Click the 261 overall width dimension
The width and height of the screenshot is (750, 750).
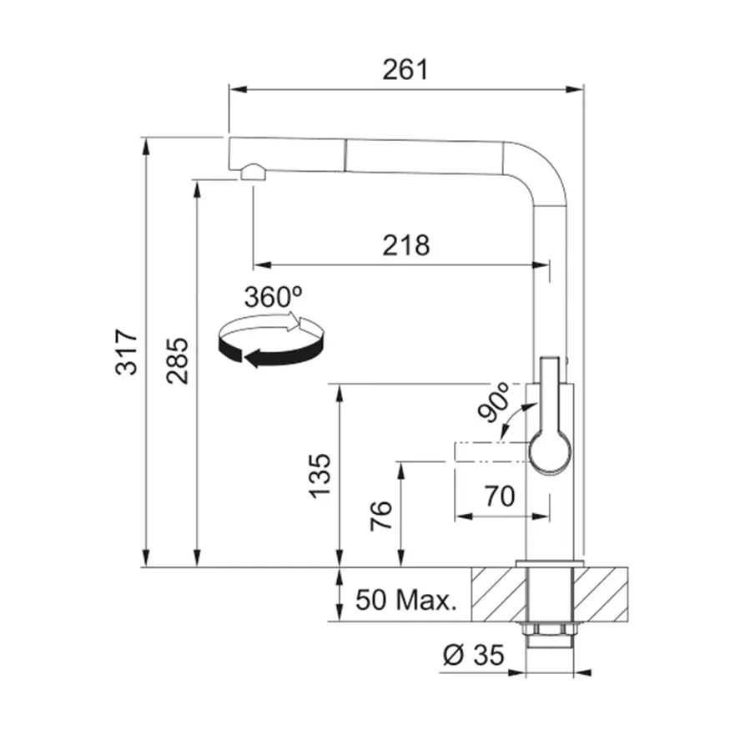pos(405,70)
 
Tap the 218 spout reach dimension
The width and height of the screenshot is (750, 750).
pos(406,245)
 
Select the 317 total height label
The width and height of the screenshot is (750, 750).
pos(128,351)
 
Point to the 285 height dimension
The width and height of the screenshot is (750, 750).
pos(178,361)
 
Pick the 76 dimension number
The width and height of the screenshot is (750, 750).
pos(381,516)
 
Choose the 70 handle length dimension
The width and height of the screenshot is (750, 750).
pos(500,496)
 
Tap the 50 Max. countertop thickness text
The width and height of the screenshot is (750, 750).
pos(406,600)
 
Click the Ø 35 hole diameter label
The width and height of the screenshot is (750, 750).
pos(474,655)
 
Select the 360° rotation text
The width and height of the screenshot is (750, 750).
pos(273,297)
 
